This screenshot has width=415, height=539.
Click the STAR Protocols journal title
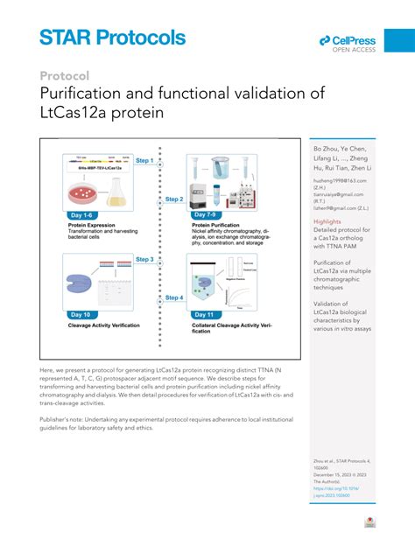112,38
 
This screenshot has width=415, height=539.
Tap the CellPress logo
348,43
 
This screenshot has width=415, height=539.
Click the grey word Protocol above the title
64,75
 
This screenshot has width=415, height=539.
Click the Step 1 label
144,161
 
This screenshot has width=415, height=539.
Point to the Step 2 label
173,199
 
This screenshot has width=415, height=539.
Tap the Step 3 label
144,259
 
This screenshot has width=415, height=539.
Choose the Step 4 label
173,297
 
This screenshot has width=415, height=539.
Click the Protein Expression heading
95,225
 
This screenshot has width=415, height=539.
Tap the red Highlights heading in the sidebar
327,221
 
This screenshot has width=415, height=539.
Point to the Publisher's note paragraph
162,423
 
